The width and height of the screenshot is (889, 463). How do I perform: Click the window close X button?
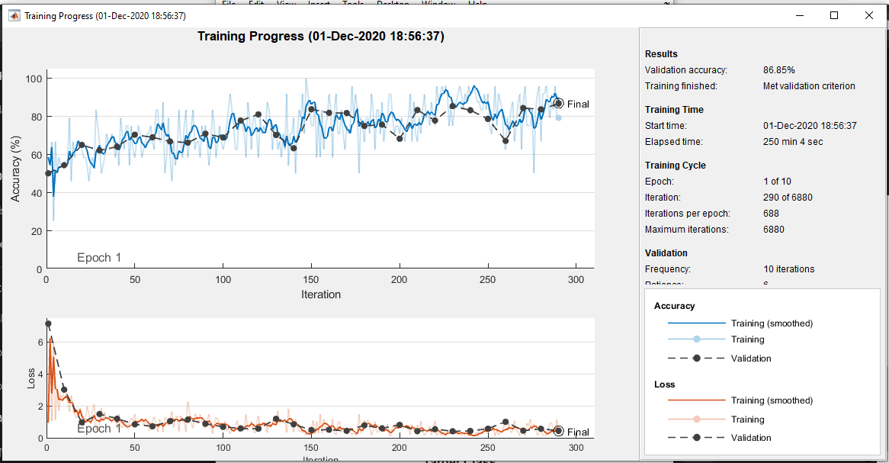[x=868, y=15]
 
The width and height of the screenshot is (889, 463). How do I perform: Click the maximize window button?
[x=834, y=15]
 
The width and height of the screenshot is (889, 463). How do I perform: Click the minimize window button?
[x=799, y=15]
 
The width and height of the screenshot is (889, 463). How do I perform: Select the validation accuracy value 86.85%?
[x=779, y=70]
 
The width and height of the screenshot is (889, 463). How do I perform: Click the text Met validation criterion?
[x=809, y=86]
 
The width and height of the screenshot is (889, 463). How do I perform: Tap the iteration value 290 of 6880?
[x=788, y=198]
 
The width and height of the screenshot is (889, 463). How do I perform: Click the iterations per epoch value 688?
[x=771, y=214]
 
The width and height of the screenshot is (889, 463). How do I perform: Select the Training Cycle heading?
[x=675, y=166]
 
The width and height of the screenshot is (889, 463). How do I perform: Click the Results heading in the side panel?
[x=661, y=54]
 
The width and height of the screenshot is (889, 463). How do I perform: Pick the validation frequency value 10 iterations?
[x=788, y=269]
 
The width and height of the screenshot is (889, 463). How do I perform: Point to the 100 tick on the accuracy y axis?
[x=33, y=79]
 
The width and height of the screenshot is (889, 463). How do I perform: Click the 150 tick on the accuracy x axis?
[x=311, y=280]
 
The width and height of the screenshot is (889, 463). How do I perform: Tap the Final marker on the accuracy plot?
[x=559, y=104]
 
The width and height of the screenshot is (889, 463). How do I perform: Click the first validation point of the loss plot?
[x=48, y=324]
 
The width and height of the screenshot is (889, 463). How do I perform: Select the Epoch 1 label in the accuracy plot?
[x=99, y=258]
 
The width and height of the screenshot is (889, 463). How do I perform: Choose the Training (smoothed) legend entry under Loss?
[x=772, y=400]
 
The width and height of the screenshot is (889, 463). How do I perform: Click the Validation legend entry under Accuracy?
[x=750, y=359]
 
